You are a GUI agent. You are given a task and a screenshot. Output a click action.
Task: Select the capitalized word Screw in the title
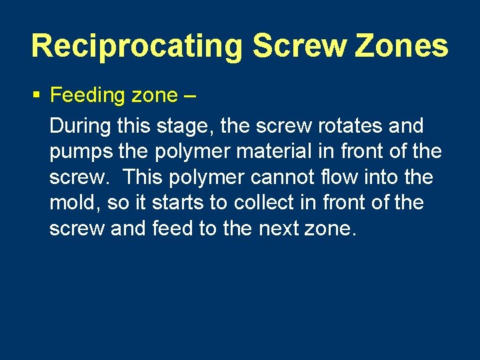[300, 46]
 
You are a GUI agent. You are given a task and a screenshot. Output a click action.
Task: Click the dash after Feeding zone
[188, 96]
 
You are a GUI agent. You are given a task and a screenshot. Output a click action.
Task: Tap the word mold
[75, 203]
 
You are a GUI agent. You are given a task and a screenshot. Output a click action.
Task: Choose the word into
[386, 177]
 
